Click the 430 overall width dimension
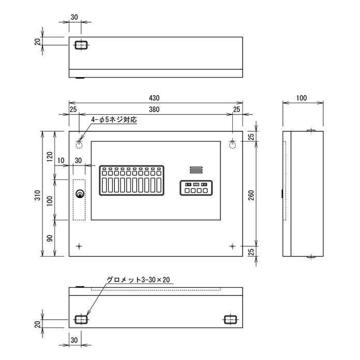point(154,98)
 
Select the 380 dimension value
point(154,110)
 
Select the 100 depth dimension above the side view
point(303,98)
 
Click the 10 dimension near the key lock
point(62,161)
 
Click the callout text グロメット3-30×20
point(139,280)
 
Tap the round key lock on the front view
point(80,194)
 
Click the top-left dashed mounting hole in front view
point(79,142)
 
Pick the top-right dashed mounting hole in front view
point(233,142)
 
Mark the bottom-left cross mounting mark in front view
point(79,245)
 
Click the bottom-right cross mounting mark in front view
point(232,245)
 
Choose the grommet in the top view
point(80,45)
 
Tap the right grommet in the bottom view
point(230,320)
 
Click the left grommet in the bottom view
point(80,320)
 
